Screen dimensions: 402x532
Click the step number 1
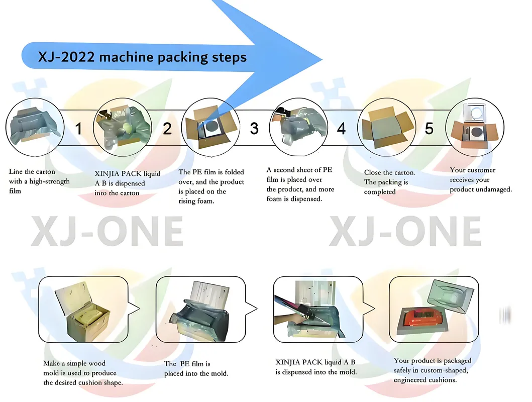pos(78,128)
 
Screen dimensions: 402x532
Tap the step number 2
pos(167,128)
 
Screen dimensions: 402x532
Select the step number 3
pos(254,128)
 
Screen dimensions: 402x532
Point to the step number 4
pos(341,128)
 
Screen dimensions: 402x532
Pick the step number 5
pos(429,128)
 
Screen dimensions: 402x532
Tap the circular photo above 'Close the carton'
pos(385,126)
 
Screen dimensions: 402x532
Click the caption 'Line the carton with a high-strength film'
pos(40,181)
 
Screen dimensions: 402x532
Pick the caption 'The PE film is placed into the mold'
pos(196,368)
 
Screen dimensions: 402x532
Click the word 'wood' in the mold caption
pos(95,363)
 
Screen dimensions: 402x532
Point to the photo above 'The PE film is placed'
pos(201,309)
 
